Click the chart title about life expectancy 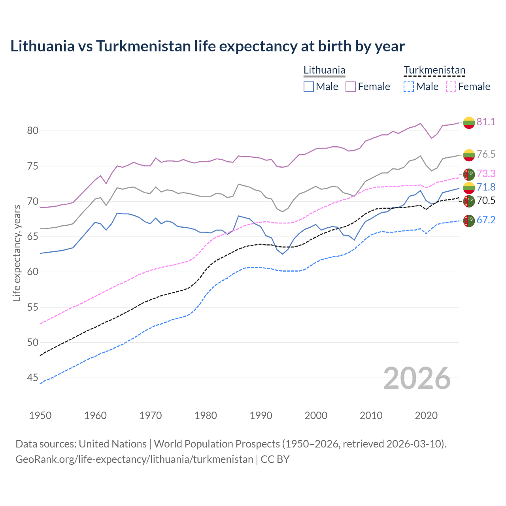208,46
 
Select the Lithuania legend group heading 324,70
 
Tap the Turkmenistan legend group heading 434,70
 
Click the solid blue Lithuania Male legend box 309,87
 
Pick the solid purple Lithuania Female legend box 351,87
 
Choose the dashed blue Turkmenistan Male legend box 409,87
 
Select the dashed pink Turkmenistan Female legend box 451,87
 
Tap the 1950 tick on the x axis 40,415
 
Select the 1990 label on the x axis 261,415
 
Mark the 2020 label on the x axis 426,415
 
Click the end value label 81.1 486,122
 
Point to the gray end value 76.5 486,154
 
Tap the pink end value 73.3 486,174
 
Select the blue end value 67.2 486,220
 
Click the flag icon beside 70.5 469,201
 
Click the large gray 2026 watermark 417,378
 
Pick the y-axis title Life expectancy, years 17,253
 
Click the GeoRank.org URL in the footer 134,459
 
